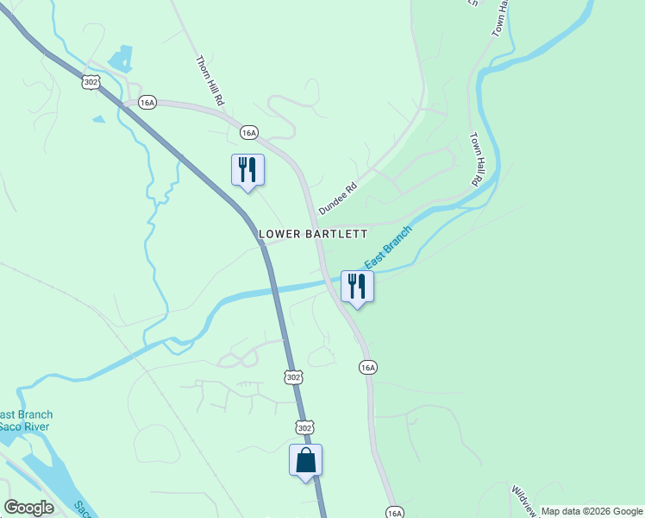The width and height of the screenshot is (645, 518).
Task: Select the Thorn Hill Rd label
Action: point(210,81)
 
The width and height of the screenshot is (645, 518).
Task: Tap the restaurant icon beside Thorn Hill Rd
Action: point(247,169)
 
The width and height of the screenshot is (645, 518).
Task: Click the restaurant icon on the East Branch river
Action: point(357,287)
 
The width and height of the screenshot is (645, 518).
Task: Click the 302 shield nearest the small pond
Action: point(91,81)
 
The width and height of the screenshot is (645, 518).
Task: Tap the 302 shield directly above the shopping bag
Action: point(304,427)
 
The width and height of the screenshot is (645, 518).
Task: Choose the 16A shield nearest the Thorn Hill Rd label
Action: point(248,132)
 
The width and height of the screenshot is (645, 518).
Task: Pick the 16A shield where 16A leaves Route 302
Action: point(147,103)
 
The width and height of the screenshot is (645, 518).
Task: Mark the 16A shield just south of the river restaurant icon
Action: point(368,367)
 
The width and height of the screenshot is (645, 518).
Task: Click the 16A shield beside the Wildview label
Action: point(395,512)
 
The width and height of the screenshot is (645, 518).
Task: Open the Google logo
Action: point(28,508)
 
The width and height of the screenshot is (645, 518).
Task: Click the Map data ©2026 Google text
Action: point(592,511)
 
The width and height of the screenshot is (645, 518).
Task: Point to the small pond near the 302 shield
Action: point(121,59)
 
